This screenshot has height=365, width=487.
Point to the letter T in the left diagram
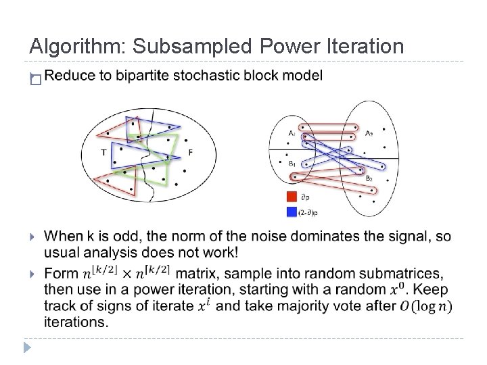[x=103, y=153]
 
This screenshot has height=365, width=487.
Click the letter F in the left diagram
[x=190, y=153]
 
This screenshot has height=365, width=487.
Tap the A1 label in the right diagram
[x=291, y=134]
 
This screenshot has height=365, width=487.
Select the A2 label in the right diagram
[x=369, y=134]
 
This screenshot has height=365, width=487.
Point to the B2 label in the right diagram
[x=369, y=178]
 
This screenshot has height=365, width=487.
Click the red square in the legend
[x=292, y=197]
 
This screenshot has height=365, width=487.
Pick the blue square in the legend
[x=292, y=212]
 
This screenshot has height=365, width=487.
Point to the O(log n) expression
[x=426, y=306]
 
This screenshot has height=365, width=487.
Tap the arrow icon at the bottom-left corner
[x=26, y=348]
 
